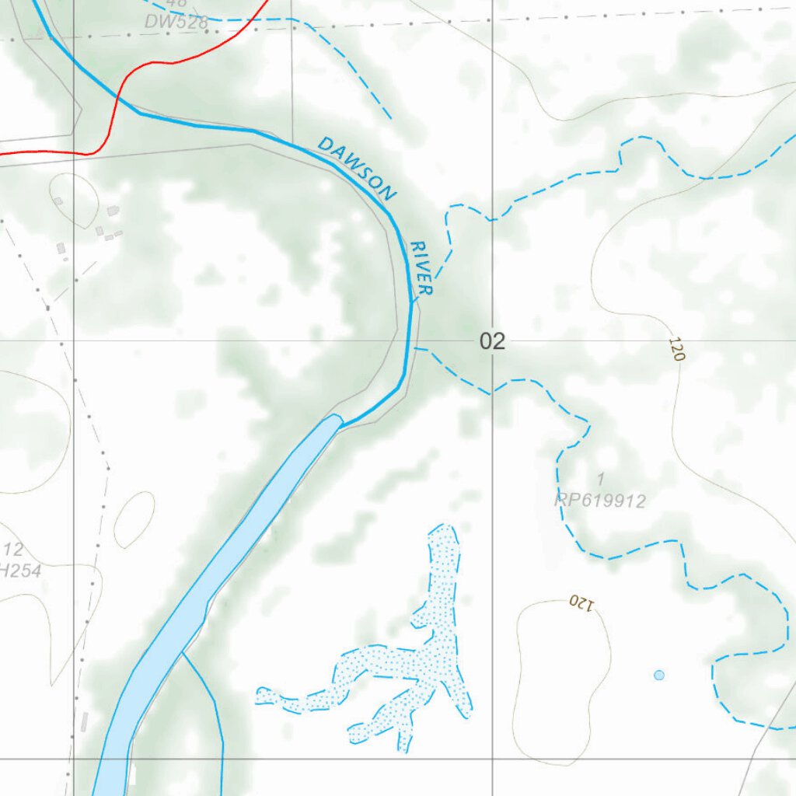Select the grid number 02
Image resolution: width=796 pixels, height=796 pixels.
(x=492, y=341)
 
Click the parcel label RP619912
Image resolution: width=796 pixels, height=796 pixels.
(x=600, y=501)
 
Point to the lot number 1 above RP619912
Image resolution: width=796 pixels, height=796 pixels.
(x=600, y=477)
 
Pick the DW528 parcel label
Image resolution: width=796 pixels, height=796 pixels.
(x=176, y=23)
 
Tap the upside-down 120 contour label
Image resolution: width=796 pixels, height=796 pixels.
(x=581, y=602)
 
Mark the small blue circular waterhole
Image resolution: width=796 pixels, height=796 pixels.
(x=659, y=675)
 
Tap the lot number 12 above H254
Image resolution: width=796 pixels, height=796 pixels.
(x=12, y=549)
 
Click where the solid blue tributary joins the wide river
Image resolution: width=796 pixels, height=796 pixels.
(x=183, y=655)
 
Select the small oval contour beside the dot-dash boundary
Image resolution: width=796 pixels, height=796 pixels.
(x=134, y=519)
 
